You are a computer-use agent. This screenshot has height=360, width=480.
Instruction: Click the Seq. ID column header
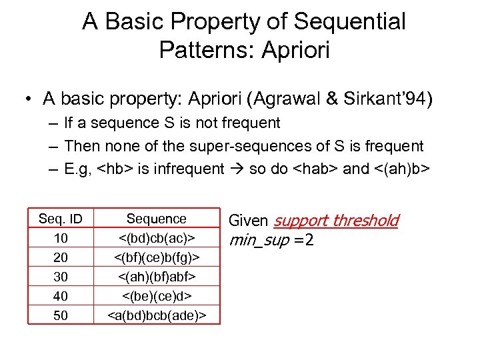tap(61, 219)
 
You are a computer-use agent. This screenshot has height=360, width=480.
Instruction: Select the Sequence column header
tap(157, 219)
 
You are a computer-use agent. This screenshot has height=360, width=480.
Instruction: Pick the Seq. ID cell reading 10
tap(61, 239)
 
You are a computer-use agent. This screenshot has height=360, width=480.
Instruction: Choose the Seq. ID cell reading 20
tap(61, 257)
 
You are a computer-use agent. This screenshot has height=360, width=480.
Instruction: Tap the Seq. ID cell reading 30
tap(61, 277)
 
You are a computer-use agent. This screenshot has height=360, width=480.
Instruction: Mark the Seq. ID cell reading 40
tap(61, 296)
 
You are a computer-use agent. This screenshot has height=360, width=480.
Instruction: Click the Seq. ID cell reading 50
tap(61, 315)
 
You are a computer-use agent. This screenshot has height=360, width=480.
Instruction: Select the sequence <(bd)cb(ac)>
tap(157, 239)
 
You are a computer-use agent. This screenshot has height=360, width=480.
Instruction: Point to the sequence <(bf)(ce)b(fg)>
tap(157, 257)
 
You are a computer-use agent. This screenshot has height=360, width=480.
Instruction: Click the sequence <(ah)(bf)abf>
tap(157, 277)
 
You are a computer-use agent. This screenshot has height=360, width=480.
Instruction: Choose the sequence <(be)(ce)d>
tap(157, 296)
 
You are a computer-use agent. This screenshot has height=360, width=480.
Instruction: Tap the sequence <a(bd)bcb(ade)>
tap(157, 315)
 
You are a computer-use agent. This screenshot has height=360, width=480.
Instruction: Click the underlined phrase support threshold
tap(336, 221)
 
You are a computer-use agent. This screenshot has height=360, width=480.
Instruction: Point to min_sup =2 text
tap(271, 239)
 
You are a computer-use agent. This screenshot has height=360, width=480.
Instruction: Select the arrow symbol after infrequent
tap(236, 169)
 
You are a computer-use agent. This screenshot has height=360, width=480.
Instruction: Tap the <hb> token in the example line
tap(115, 169)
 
